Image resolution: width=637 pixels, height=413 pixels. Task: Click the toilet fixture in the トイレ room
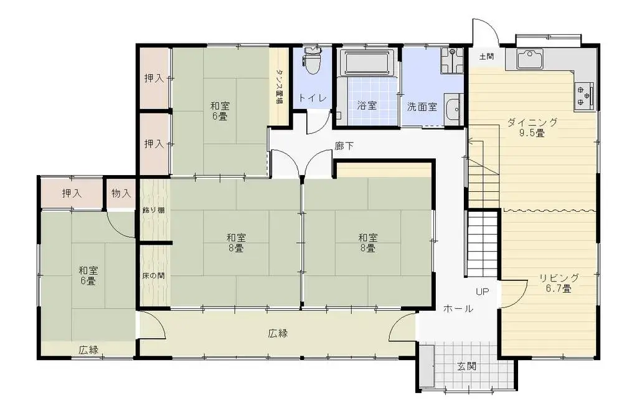pos(312,62)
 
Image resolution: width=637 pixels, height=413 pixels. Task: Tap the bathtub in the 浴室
pos(367,64)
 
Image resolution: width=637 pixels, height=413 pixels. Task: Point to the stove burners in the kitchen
pos(583,95)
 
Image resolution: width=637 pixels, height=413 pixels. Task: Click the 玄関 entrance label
pos(467,366)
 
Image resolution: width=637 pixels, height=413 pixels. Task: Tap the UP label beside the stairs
pos(483,292)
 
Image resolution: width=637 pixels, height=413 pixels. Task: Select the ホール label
pos(458,308)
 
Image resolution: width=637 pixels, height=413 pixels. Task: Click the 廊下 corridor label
pos(344,146)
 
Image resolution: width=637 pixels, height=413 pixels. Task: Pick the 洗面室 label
pos(422,106)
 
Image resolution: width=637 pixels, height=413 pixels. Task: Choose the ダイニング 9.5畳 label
pos(532,127)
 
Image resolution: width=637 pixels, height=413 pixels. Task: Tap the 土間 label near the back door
pos(486,57)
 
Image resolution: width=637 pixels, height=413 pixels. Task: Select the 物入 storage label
pos(121,193)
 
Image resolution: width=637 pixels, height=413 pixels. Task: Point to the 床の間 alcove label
pos(153,275)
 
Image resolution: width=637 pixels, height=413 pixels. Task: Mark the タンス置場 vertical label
pos(279,85)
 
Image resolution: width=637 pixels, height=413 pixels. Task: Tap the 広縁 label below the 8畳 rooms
pos(278,333)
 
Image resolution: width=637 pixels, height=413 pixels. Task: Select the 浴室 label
pos(367,105)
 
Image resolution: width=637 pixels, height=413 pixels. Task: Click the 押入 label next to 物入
pos(72,193)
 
